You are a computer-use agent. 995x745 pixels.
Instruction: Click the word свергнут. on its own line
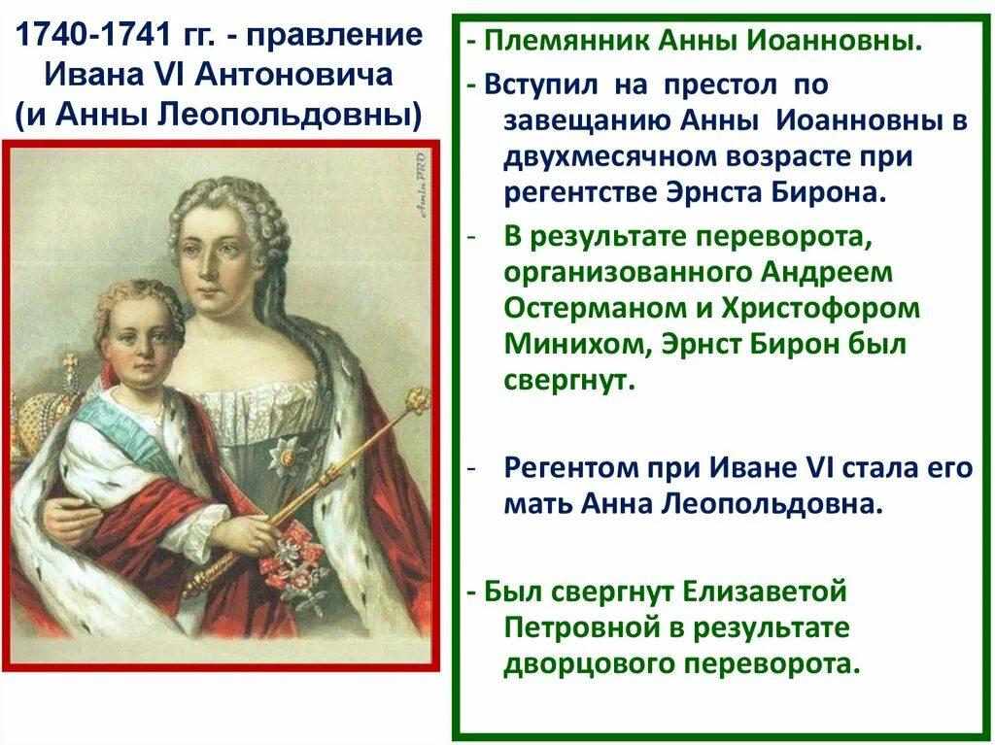(x=569, y=380)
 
